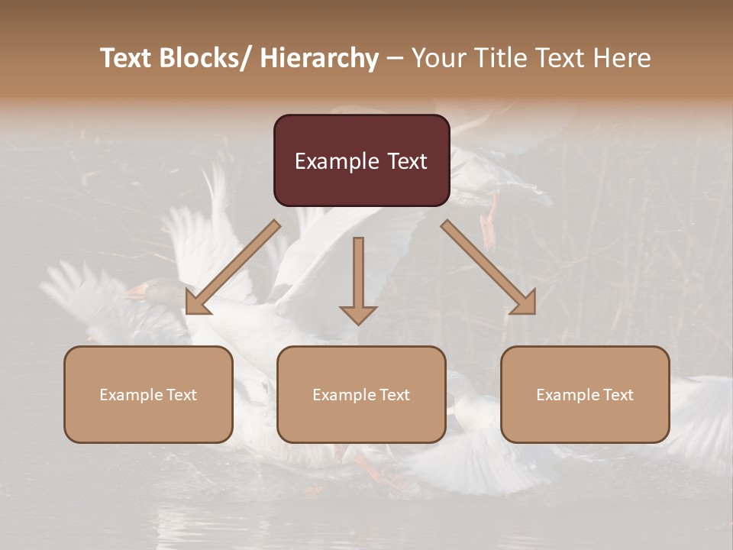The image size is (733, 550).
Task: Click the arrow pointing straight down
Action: coord(358,275)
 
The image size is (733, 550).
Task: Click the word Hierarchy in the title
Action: coord(319,58)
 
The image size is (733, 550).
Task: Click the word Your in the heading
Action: coord(438,58)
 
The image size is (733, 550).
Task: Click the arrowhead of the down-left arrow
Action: coord(196,305)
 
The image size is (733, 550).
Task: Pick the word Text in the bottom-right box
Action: coord(618,395)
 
